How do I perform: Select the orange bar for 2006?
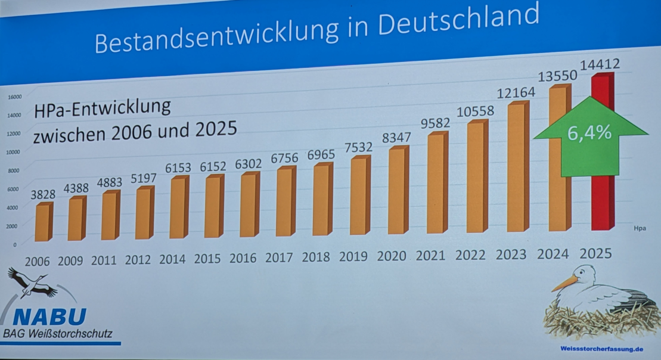point(42,222)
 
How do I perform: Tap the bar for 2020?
point(397,191)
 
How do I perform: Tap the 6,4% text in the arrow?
point(589,132)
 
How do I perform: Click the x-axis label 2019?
point(354,257)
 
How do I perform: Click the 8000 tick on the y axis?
point(14,170)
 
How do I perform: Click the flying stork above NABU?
point(33,283)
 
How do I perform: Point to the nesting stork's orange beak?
point(564,283)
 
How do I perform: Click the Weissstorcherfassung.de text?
point(602,348)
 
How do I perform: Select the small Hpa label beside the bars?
point(640,227)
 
